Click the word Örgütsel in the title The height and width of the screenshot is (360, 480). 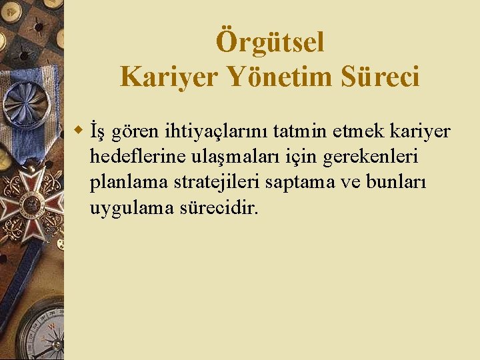tap(270, 43)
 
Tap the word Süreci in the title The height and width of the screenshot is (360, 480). tap(380, 78)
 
